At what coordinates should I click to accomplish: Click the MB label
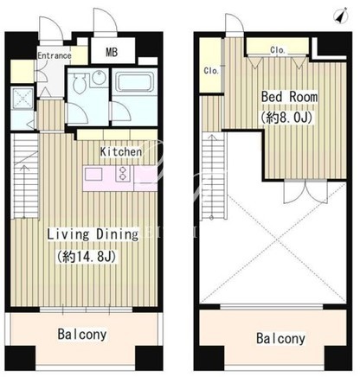click(112, 52)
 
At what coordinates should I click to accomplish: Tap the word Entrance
click(55, 55)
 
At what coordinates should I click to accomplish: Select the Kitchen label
click(121, 151)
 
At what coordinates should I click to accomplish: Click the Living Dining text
click(93, 234)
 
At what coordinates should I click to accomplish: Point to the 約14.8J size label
click(87, 256)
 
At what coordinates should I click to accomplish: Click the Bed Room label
click(289, 97)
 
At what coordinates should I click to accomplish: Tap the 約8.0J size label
click(286, 118)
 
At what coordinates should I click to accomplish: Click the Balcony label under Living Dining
click(82, 335)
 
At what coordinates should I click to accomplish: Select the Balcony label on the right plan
click(280, 338)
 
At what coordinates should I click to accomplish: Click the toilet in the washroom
click(79, 82)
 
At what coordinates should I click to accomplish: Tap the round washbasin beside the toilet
click(100, 77)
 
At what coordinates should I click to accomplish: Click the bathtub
click(134, 81)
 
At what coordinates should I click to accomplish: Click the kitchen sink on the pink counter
click(93, 175)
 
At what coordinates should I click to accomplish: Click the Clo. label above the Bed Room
click(278, 50)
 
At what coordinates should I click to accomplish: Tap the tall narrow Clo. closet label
click(211, 71)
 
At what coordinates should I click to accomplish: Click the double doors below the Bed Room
click(305, 192)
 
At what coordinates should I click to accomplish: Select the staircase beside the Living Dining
click(24, 176)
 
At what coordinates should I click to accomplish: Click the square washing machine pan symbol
click(22, 98)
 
